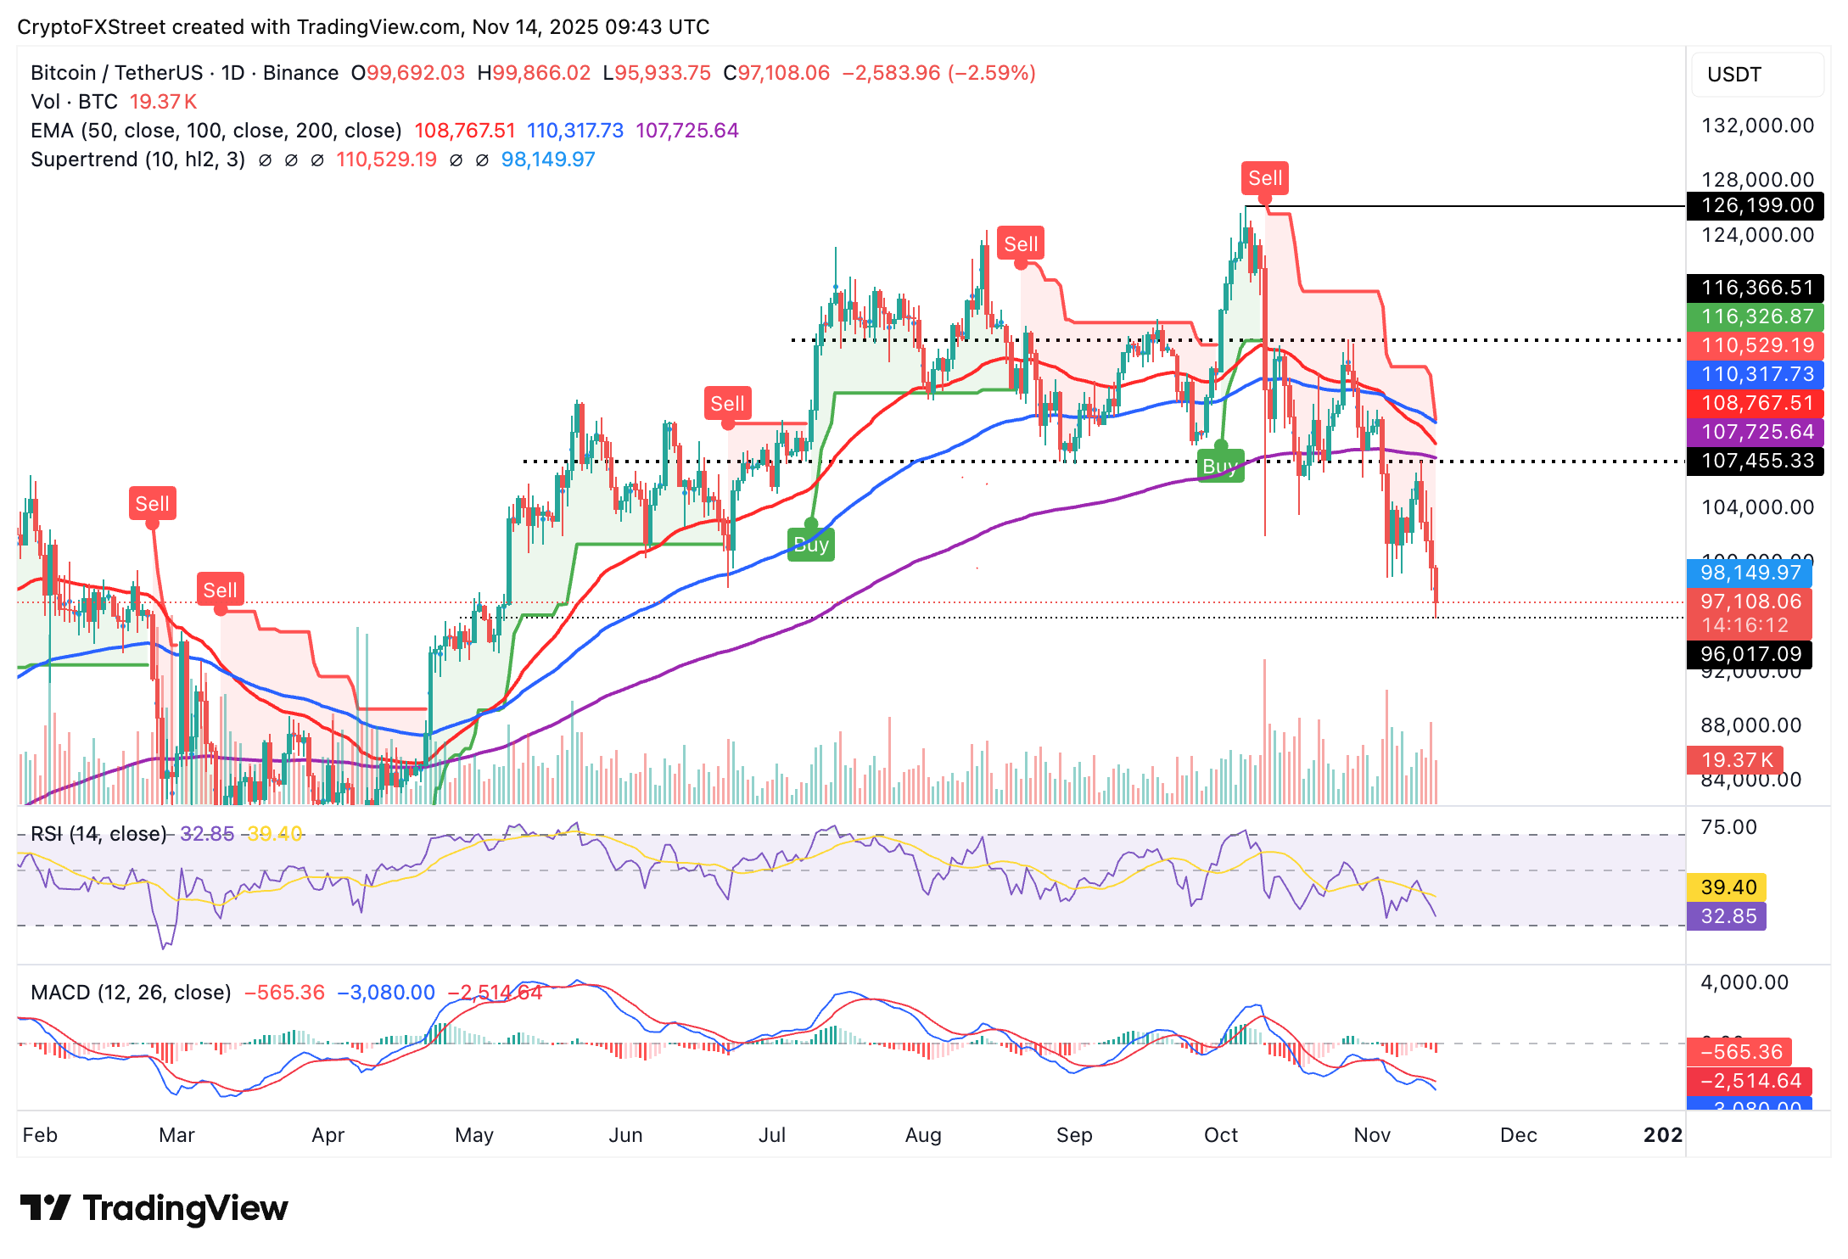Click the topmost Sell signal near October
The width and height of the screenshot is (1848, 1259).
pyautogui.click(x=1264, y=178)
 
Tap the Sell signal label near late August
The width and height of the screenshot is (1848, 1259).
pyautogui.click(x=1020, y=244)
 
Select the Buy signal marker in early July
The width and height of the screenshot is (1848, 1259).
pyautogui.click(x=811, y=544)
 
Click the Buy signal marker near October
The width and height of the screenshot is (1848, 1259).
pyautogui.click(x=1220, y=466)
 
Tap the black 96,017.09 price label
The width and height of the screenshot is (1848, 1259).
pyautogui.click(x=1750, y=654)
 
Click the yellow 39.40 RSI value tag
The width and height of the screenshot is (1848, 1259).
pyautogui.click(x=1728, y=887)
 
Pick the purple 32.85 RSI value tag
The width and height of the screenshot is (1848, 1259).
pyautogui.click(x=1728, y=916)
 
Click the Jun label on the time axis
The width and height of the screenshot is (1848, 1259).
pyautogui.click(x=625, y=1135)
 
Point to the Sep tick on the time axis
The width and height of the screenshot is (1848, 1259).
pyautogui.click(x=1073, y=1135)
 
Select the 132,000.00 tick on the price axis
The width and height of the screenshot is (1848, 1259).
pyautogui.click(x=1757, y=126)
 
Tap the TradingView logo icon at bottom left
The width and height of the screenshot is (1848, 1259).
pyautogui.click(x=44, y=1208)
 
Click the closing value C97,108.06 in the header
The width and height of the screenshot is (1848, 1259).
pyautogui.click(x=776, y=73)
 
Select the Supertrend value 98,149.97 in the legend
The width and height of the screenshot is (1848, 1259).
pyautogui.click(x=548, y=159)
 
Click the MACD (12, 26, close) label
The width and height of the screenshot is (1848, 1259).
pyautogui.click(x=131, y=993)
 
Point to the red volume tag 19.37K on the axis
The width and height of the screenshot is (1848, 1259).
pyautogui.click(x=1736, y=760)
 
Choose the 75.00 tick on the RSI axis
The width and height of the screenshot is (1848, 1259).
pyautogui.click(x=1728, y=827)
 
